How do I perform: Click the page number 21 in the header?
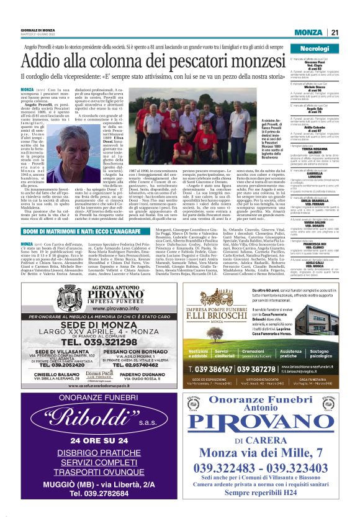pos(334,33)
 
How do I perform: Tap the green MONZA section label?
pos(308,33)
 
